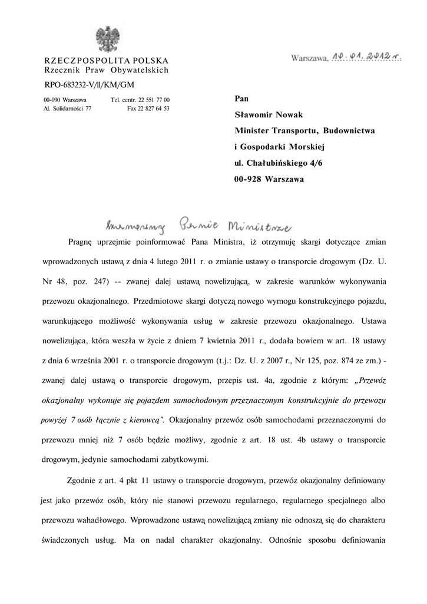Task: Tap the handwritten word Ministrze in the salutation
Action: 261,225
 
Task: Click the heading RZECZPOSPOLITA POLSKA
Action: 107,61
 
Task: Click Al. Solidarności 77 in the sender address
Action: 67,109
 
